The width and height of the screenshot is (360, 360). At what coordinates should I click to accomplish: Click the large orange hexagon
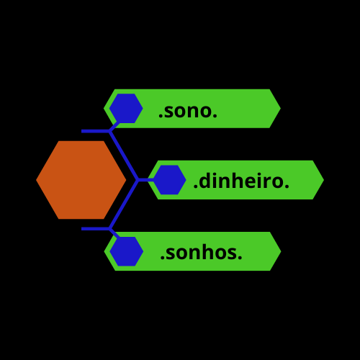[x=81, y=180]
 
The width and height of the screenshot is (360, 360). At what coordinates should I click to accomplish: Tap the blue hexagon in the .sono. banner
[x=126, y=109]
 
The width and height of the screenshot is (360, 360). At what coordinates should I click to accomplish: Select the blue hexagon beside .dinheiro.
[x=169, y=180]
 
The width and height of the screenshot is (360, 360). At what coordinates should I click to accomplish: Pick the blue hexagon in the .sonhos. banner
[x=127, y=251]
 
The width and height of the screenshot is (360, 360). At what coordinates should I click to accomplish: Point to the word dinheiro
[x=241, y=181]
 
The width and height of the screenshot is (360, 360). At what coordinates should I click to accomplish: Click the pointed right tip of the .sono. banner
[x=281, y=109]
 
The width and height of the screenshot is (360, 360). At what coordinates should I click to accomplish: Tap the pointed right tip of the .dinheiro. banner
[x=324, y=180]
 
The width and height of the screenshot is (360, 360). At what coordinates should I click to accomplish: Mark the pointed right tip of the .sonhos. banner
[x=281, y=251]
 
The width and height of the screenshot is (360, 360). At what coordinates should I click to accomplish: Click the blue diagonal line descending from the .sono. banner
[x=124, y=156]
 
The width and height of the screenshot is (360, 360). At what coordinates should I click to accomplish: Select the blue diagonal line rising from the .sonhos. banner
[x=124, y=204]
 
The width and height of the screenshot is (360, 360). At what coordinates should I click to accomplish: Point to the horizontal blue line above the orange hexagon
[x=96, y=131]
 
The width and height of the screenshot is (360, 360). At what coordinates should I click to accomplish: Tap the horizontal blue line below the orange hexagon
[x=96, y=229]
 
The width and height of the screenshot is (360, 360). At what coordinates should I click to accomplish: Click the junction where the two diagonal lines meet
[x=138, y=180]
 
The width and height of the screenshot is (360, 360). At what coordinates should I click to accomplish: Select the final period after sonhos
[x=240, y=258]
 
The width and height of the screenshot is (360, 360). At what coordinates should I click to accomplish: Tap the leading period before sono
[x=161, y=116]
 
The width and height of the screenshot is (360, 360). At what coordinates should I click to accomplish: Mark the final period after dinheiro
[x=287, y=186]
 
